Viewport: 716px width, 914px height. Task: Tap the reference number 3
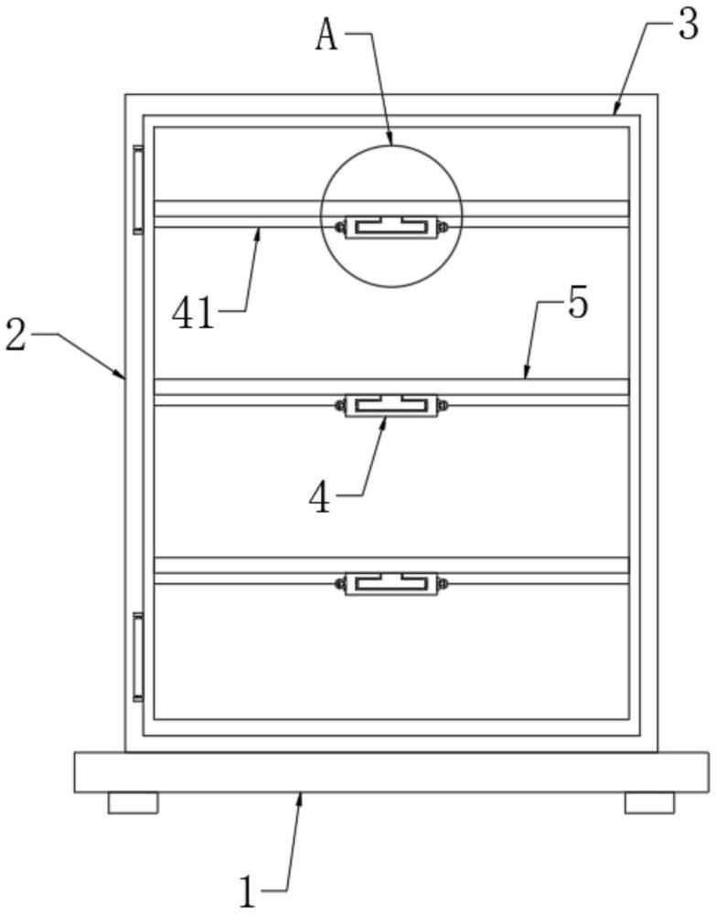tap(688, 26)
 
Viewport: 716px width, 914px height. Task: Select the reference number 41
tap(192, 314)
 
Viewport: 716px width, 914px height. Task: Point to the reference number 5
tap(577, 304)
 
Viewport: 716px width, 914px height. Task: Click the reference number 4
tap(319, 499)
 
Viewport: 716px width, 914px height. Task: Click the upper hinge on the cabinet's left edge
tap(138, 189)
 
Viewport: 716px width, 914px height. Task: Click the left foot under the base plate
tap(134, 802)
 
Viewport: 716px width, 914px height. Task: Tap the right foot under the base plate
tap(649, 802)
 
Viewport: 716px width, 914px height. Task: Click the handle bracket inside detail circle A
tap(390, 227)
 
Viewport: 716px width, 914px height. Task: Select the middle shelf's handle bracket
tap(390, 405)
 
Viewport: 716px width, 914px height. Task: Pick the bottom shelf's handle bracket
tap(390, 583)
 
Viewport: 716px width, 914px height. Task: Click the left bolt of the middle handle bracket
tap(340, 405)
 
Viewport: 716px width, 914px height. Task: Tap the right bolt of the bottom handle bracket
tap(442, 583)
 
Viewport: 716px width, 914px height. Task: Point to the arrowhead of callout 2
tap(124, 377)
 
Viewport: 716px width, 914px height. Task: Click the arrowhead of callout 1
tap(300, 795)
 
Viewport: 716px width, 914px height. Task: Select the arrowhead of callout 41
tap(260, 229)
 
